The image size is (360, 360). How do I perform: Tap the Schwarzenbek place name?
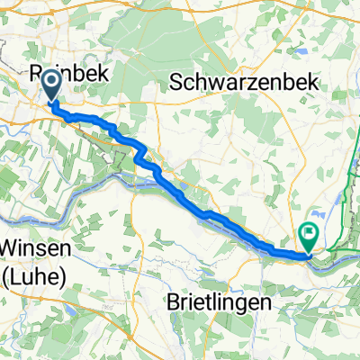click(x=245, y=82)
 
